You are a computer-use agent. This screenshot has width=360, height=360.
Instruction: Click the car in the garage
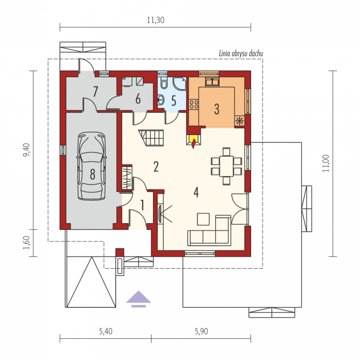pos(92,166)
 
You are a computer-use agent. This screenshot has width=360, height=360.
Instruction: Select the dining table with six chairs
pos(226,166)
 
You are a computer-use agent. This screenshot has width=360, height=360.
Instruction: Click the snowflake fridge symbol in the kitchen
pos(239,121)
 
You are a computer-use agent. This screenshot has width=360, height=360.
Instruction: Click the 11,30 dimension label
pos(155,20)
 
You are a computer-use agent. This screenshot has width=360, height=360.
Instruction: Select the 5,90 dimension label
pos(201,331)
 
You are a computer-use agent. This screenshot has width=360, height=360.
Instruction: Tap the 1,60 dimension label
pos(27,243)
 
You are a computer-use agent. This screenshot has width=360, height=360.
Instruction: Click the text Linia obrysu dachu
pos(241,54)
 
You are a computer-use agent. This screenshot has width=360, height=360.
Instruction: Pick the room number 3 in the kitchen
pos(216,109)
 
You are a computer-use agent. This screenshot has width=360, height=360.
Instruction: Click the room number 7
pos(95,91)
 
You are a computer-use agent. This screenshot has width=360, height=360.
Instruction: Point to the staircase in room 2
pos(151,138)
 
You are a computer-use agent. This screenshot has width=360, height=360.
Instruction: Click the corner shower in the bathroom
pos(179,84)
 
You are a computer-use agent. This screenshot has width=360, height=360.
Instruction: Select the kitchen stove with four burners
pos(193,104)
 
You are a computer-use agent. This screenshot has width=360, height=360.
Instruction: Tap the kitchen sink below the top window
pos(212,82)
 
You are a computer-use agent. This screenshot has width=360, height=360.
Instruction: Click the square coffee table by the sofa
pos(203,219)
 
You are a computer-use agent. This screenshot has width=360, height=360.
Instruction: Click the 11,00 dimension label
pos(325,163)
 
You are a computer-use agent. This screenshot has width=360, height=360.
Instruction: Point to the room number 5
pos(174,100)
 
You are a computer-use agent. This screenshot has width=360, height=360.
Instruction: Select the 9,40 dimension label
pos(27,150)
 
